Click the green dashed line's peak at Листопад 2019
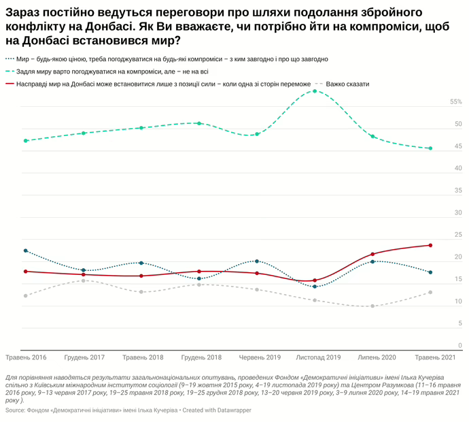pos(315,91)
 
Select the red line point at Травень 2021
pos(430,245)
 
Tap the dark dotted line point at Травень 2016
pos(25,250)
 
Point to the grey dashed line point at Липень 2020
pos(372,306)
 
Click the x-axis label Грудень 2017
pos(84,357)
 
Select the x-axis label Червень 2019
pos(260,357)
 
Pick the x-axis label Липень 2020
pos(377,357)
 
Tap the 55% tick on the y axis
pos(455,102)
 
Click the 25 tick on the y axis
pos(458,235)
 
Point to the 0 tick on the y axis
pos(460,346)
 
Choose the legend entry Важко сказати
pos(347,84)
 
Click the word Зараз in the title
pos(23,13)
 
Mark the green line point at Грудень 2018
pos(199,123)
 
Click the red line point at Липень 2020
pos(372,254)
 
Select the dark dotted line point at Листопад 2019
pos(315,287)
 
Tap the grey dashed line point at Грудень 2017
pos(84,280)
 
